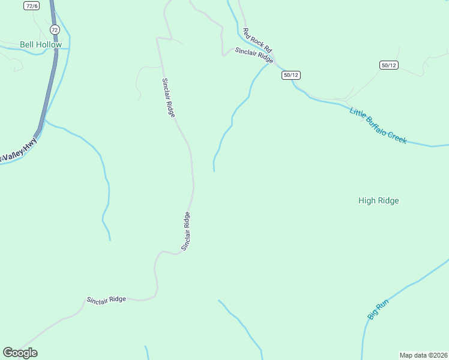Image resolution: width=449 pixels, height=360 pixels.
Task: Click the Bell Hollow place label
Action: pos(41,44)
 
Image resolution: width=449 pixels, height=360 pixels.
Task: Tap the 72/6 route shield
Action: pos(32,5)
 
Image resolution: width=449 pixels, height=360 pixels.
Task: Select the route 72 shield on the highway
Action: pos(55,29)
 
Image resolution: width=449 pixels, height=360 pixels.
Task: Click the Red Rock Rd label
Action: pos(258,40)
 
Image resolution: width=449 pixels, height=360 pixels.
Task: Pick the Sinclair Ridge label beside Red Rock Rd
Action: pos(255,55)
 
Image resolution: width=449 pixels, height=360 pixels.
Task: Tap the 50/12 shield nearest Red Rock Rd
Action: pos(291,74)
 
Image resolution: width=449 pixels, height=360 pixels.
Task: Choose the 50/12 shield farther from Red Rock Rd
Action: pos(388,65)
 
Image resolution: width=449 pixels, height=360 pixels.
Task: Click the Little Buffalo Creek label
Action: pos(378,125)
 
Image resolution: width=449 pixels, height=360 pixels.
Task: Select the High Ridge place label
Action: pos(378,201)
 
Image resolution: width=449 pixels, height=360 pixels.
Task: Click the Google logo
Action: pos(20,353)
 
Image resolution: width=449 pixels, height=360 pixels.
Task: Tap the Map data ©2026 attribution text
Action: pos(424,355)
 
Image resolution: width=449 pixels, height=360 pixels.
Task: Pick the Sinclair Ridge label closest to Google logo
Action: pos(106,299)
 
